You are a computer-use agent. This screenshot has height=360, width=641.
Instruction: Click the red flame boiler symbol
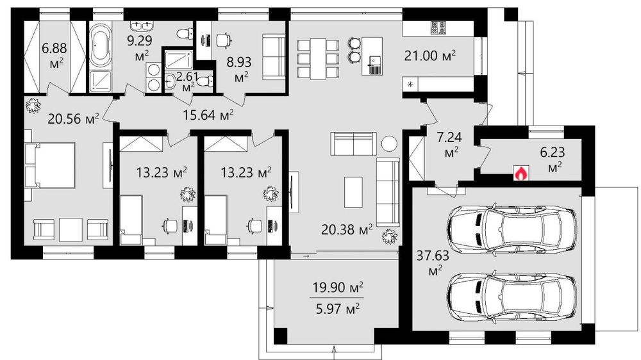[520, 173]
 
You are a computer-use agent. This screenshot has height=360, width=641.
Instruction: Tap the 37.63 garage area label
[433, 263]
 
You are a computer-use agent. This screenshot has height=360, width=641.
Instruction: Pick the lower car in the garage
[512, 296]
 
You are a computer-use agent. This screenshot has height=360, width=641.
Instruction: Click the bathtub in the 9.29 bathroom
[100, 45]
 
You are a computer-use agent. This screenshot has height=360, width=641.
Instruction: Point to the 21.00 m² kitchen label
[429, 55]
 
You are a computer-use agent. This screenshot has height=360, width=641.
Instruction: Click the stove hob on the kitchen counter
[438, 28]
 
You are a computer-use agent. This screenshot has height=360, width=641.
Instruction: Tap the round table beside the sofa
[389, 143]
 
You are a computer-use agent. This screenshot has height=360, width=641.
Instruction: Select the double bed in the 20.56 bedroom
[50, 165]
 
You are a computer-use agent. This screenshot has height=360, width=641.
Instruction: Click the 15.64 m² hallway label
[208, 115]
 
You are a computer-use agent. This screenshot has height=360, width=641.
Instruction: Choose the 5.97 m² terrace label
[338, 309]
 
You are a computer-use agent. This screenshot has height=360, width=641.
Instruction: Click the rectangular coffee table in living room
[353, 192]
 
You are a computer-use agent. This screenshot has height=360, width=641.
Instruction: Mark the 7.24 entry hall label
[450, 144]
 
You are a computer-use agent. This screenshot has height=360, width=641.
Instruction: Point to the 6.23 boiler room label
[553, 159]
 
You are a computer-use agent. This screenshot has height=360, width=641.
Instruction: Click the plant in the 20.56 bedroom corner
[33, 106]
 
